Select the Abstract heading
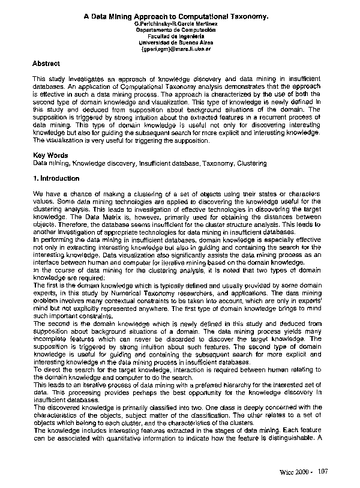click(x=46, y=63)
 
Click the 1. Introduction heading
click(x=56, y=179)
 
